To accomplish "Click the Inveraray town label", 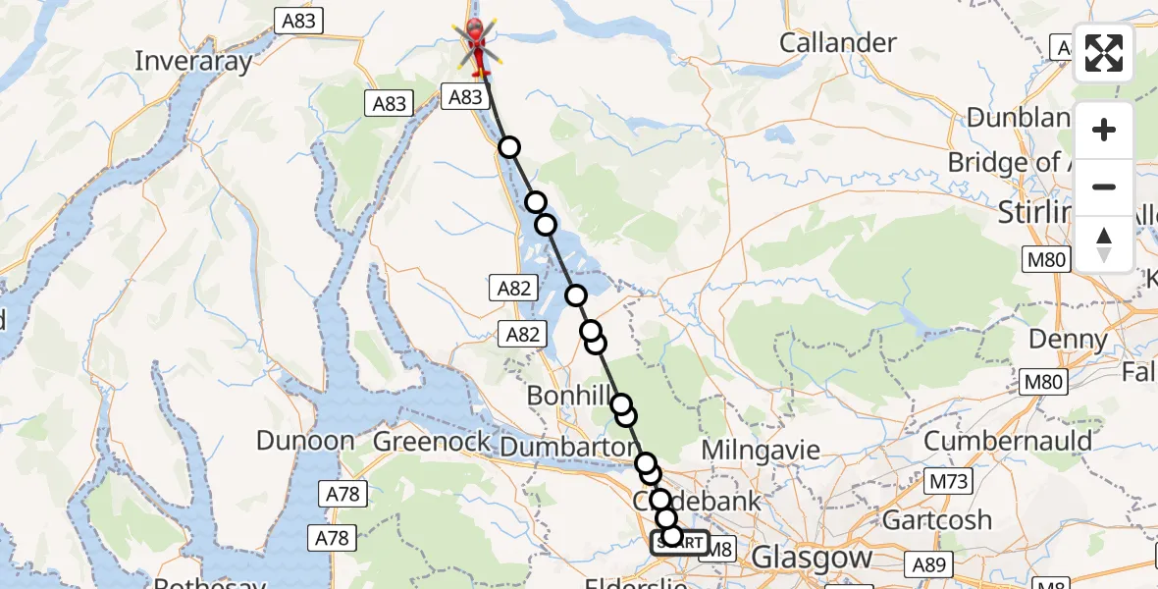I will point(192,61).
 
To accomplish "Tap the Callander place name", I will point(837,43).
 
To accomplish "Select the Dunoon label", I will point(304,441).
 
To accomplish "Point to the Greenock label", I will point(432,442).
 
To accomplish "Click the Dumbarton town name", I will point(569,447).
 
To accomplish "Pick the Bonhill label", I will point(569,397).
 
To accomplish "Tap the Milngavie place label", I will point(762,451).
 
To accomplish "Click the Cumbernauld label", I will point(1008,441).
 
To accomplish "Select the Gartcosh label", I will point(937,518).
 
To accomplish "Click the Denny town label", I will point(1068,341).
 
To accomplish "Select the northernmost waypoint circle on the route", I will point(508,147).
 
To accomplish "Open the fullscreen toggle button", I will point(1104,53).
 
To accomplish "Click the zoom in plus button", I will point(1104,131).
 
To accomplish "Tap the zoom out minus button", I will point(1104,187).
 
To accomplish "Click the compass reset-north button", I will point(1104,243).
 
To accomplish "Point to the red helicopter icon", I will point(476,44).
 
